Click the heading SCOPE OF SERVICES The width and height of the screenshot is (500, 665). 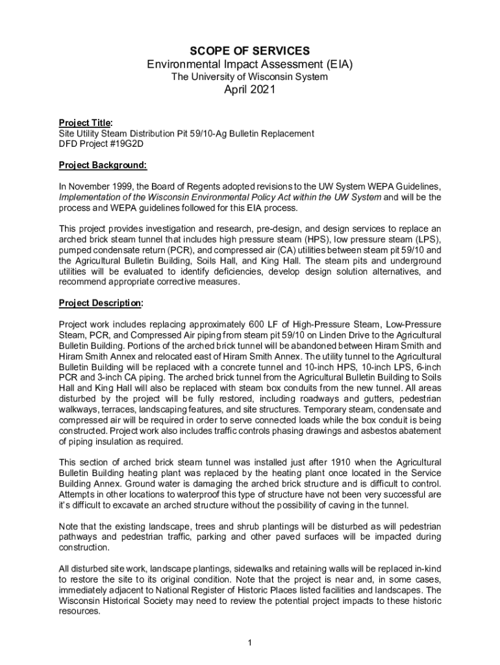point(249,51)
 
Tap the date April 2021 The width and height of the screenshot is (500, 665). point(249,90)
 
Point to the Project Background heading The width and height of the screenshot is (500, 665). point(103,165)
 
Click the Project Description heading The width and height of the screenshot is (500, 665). point(101,303)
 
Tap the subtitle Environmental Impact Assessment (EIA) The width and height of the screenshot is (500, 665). point(249,64)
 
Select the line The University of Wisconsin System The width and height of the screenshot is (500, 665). point(249,77)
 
